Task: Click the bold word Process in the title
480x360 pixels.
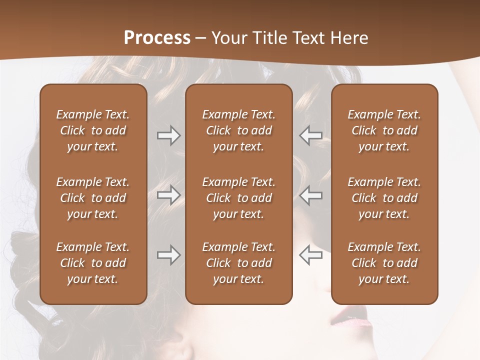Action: pyautogui.click(x=157, y=38)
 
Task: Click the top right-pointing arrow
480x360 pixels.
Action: pyautogui.click(x=168, y=135)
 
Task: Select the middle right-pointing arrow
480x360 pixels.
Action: pyautogui.click(x=168, y=195)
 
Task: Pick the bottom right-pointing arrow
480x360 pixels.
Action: pyautogui.click(x=168, y=255)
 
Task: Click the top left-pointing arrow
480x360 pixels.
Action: pyautogui.click(x=310, y=135)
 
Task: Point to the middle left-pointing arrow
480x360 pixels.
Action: pyautogui.click(x=310, y=195)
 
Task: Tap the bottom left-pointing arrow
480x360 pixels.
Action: pyautogui.click(x=310, y=255)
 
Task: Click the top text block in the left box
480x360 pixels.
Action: pyautogui.click(x=93, y=130)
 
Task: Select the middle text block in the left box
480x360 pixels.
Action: pyautogui.click(x=93, y=198)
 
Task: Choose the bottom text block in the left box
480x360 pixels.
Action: pyautogui.click(x=93, y=263)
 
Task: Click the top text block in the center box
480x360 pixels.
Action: pyautogui.click(x=238, y=130)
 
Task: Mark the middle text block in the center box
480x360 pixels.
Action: pyautogui.click(x=238, y=198)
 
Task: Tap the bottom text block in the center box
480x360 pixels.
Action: pyautogui.click(x=238, y=263)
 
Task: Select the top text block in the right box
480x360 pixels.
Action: pyautogui.click(x=384, y=130)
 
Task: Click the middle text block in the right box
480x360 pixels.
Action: pyautogui.click(x=384, y=198)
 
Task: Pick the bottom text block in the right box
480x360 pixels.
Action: pyautogui.click(x=384, y=263)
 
